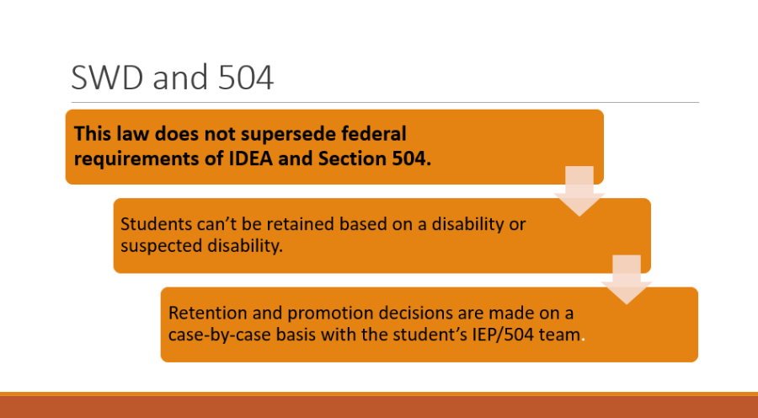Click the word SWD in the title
pos(107,78)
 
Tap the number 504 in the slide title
pos(246,78)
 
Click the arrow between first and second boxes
pos(579,191)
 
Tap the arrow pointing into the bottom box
pos(627,280)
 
